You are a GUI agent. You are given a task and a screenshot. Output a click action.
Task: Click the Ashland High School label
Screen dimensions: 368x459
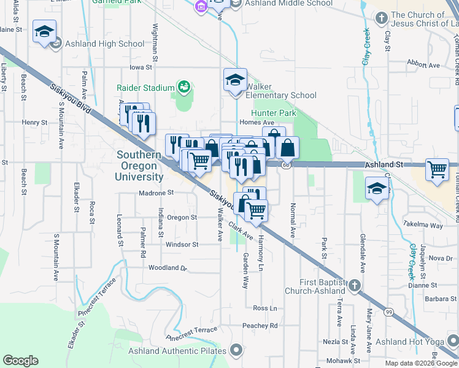[x=104, y=44]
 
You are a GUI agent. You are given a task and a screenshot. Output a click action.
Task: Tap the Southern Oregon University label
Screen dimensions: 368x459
[x=141, y=166]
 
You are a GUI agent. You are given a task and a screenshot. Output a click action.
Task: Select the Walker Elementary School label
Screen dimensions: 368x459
[x=281, y=91]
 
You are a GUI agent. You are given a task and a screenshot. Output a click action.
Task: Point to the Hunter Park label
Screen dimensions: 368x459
[x=274, y=113]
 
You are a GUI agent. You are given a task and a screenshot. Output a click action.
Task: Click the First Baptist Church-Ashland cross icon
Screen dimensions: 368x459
[x=353, y=285]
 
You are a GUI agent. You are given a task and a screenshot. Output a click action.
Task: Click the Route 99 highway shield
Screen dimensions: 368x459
[x=389, y=313]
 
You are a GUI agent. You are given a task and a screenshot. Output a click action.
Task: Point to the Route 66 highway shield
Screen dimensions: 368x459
[x=286, y=165]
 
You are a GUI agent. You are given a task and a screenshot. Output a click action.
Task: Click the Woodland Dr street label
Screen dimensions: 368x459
[x=167, y=268]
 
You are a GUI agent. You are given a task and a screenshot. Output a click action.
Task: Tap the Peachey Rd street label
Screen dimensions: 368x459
[x=260, y=326]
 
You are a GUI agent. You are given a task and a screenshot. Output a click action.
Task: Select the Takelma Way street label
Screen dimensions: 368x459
[x=423, y=225]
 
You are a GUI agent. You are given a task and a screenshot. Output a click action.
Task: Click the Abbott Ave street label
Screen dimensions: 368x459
[x=425, y=65]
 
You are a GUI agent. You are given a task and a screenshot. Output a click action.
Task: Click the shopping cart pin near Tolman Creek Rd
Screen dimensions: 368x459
[x=437, y=170]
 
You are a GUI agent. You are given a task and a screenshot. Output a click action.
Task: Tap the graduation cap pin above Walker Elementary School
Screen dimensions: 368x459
[x=234, y=80]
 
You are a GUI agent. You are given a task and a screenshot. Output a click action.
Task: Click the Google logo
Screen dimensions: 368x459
[x=20, y=361]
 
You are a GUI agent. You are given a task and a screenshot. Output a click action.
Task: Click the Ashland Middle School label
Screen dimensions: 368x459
[x=289, y=4]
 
